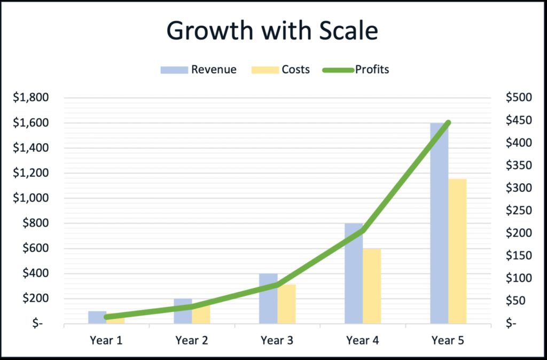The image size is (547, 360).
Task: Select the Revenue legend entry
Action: pos(199,69)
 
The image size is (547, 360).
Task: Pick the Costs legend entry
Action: pos(280,69)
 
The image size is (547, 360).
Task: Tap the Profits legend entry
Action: pos(356,69)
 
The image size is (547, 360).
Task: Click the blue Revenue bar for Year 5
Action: pos(439,223)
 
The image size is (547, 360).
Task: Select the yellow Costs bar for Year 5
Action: pos(457,251)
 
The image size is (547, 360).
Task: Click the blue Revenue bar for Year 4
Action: pos(354,273)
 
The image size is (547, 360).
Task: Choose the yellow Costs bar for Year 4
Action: pos(372,286)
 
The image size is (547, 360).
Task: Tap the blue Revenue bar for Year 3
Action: pos(268,299)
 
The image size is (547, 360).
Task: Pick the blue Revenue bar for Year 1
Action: pos(97,317)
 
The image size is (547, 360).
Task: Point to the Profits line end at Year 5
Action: pos(448,123)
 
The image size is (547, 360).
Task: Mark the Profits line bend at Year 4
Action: pos(363,231)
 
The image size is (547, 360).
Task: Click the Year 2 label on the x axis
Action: pos(192,340)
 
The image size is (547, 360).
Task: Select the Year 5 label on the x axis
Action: pos(448,340)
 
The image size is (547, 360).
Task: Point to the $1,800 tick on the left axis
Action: pos(30,98)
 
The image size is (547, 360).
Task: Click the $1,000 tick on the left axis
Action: pos(30,198)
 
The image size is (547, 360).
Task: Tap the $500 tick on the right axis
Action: pos(519,98)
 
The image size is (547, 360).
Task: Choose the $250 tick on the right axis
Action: pos(519,210)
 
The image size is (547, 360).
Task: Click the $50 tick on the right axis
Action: pos(516,301)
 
